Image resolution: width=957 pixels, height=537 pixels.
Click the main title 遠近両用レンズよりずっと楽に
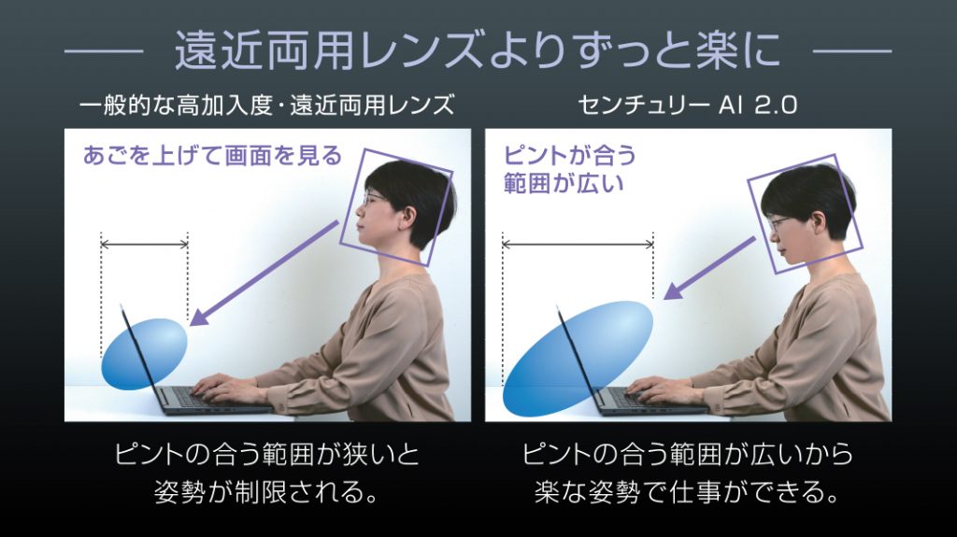(478, 50)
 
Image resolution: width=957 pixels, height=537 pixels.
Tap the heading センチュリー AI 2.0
(687, 106)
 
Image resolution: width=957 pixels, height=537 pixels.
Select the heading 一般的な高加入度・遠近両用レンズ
(266, 106)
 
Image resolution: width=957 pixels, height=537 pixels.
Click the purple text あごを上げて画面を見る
(212, 156)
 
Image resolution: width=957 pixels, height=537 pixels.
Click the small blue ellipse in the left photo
(144, 354)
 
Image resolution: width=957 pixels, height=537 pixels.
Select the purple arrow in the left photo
(264, 274)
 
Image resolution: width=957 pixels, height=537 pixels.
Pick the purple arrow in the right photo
(710, 268)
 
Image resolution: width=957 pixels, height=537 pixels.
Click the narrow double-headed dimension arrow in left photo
(145, 245)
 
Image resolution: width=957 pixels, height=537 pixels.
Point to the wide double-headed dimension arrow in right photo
(578, 245)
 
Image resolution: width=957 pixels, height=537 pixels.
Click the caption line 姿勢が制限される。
(266, 492)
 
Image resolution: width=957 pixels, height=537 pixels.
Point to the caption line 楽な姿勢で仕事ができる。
(687, 492)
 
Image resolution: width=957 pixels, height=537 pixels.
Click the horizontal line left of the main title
(104, 51)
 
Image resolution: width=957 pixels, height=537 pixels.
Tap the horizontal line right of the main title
(852, 51)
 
